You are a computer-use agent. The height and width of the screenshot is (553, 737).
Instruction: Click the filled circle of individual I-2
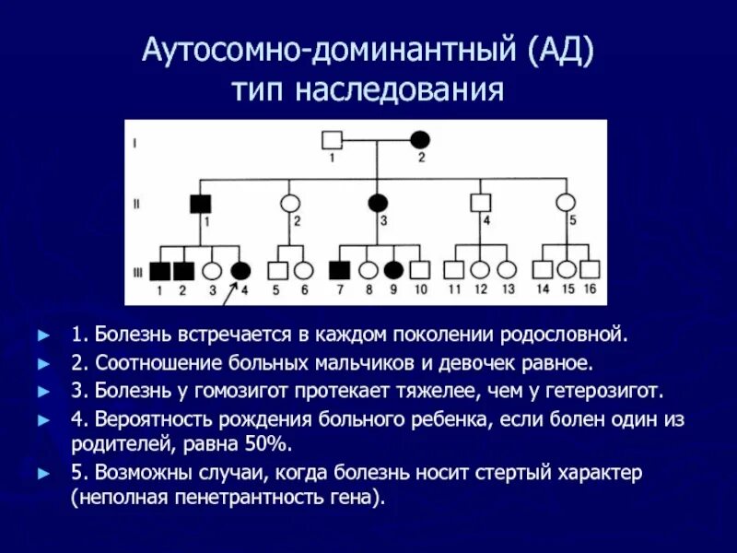point(420,140)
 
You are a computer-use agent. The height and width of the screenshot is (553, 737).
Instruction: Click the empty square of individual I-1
point(332,140)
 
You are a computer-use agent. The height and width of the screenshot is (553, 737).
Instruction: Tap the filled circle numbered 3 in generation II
point(377,203)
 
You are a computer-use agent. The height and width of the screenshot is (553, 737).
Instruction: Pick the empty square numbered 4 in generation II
point(479,203)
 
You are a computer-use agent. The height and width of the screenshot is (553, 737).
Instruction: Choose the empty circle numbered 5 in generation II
point(566,203)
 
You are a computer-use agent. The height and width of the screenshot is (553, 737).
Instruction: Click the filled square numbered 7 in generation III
point(340,270)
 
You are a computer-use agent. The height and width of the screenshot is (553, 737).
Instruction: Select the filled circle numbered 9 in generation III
point(393,270)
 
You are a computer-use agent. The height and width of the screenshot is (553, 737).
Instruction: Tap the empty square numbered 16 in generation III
point(590,270)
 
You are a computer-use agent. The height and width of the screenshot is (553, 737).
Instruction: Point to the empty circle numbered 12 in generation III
point(480,270)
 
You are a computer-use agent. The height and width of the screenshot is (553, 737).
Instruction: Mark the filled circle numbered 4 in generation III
point(240,270)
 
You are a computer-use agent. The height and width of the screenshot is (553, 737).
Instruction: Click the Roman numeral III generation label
point(136,270)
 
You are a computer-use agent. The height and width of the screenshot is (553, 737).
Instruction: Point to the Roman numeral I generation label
point(136,142)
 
